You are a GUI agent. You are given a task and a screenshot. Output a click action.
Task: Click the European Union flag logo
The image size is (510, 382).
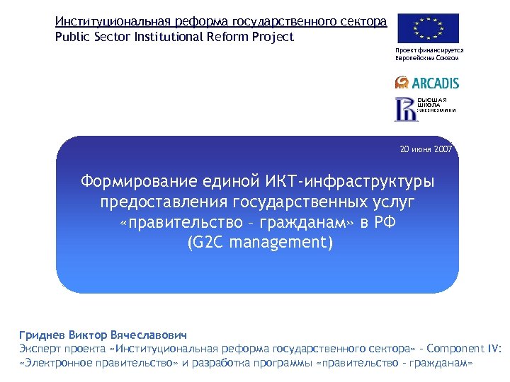tap(428, 28)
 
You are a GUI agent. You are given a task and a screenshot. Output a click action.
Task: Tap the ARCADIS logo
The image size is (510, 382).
tap(427, 83)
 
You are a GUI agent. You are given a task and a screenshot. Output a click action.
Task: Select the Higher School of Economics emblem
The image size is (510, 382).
tap(406, 108)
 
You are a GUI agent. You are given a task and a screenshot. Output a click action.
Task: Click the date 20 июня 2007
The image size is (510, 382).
tap(426, 150)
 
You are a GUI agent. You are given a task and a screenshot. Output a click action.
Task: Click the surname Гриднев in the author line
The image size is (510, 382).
tap(43, 335)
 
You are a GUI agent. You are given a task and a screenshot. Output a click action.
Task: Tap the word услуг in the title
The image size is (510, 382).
tap(390, 203)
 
